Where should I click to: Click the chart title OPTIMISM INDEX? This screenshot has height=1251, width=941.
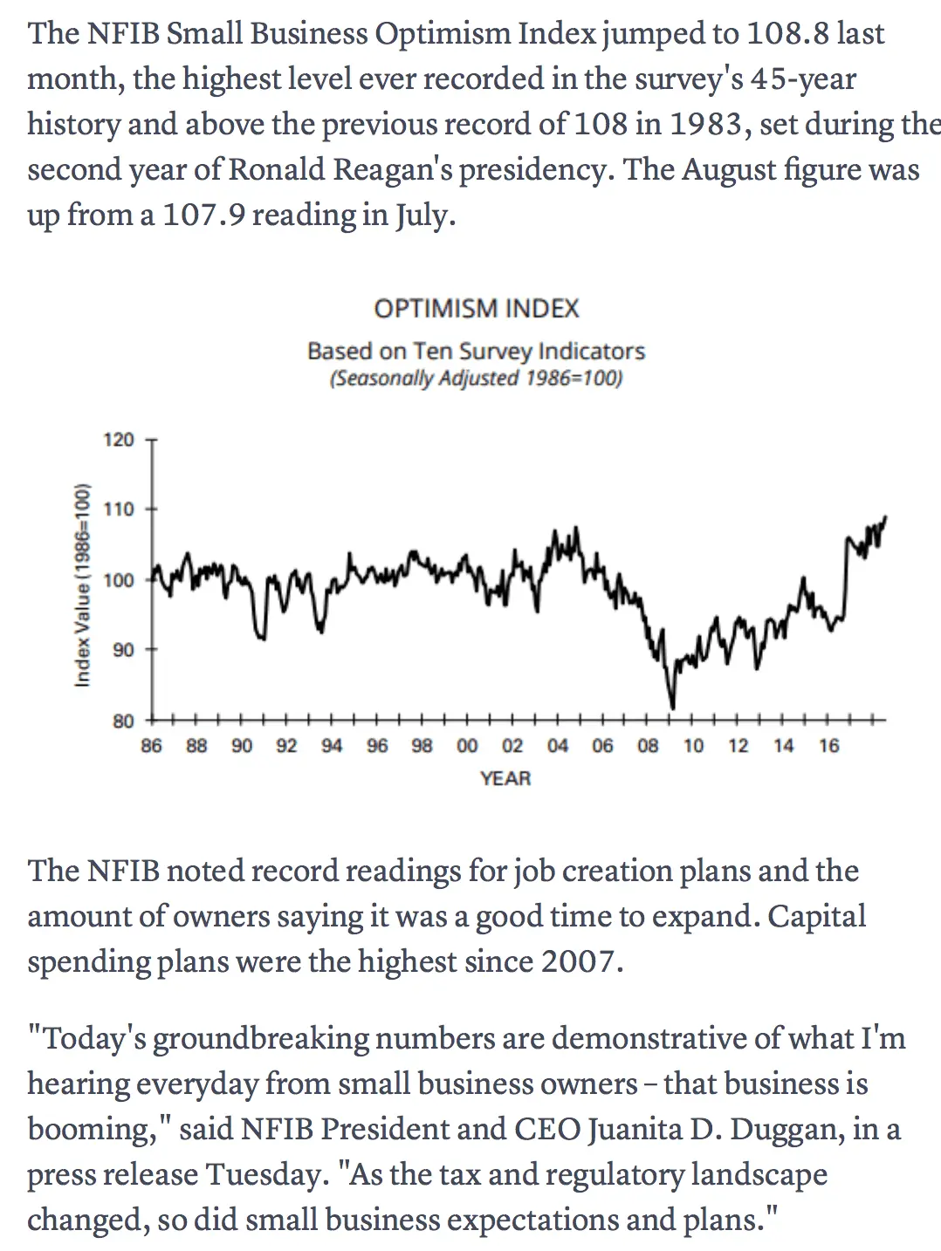[476, 309]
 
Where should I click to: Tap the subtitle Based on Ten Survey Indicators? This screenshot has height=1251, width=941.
[476, 351]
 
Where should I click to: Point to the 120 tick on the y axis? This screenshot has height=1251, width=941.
[120, 440]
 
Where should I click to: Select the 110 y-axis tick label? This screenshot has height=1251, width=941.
[120, 509]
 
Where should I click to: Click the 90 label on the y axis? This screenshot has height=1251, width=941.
[123, 650]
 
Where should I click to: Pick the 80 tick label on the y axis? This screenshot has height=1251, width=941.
[123, 721]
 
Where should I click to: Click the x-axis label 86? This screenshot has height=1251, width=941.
[151, 746]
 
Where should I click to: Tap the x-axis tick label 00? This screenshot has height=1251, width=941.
[467, 746]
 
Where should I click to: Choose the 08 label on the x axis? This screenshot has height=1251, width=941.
[648, 746]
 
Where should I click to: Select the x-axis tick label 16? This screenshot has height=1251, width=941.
[828, 746]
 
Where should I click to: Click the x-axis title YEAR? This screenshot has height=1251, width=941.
[505, 778]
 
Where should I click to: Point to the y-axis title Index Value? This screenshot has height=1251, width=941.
[83, 584]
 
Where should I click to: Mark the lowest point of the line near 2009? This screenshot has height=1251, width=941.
[672, 708]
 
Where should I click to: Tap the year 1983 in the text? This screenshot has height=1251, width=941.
[705, 125]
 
